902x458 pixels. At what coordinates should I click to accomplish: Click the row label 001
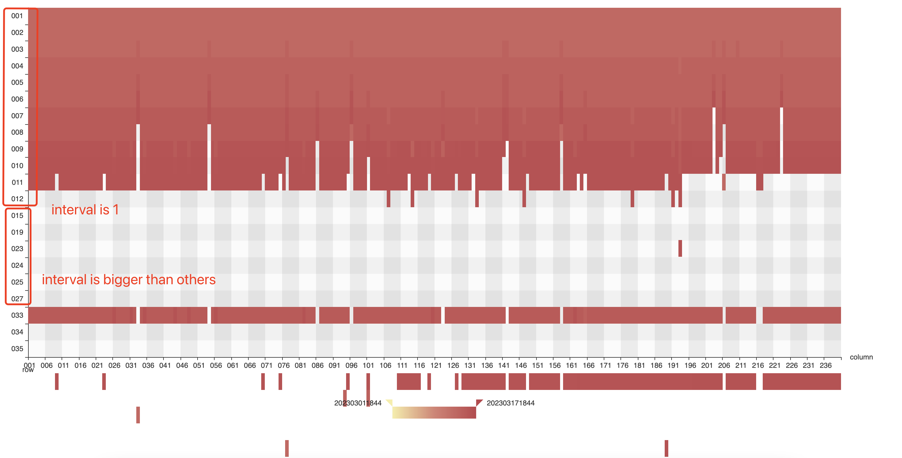[x=17, y=16]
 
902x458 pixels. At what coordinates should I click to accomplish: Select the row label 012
[x=17, y=199]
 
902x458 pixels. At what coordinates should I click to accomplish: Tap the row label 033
[x=17, y=315]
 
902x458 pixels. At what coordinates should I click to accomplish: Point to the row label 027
[x=17, y=299]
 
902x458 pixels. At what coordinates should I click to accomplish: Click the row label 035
[x=17, y=348]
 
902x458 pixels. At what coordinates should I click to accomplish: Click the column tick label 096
[x=351, y=365]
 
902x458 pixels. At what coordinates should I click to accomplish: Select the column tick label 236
[x=825, y=365]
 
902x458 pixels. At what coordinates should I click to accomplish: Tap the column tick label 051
[x=198, y=365]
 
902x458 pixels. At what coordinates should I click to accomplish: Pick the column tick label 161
[x=571, y=365]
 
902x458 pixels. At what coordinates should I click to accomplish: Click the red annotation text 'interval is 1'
[x=85, y=210]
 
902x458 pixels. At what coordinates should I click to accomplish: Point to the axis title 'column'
[x=861, y=357]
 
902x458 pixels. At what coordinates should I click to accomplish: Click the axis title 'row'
[x=28, y=370]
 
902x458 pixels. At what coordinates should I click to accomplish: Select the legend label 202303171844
[x=510, y=403]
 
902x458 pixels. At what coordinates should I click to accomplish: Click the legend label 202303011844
[x=357, y=403]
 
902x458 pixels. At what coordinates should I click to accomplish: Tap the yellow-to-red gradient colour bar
[x=434, y=412]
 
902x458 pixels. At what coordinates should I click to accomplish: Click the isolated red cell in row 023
[x=680, y=248]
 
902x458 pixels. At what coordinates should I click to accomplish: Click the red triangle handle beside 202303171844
[x=479, y=402]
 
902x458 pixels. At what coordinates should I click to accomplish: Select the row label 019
[x=17, y=232]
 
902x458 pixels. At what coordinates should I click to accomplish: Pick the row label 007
[x=17, y=116]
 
